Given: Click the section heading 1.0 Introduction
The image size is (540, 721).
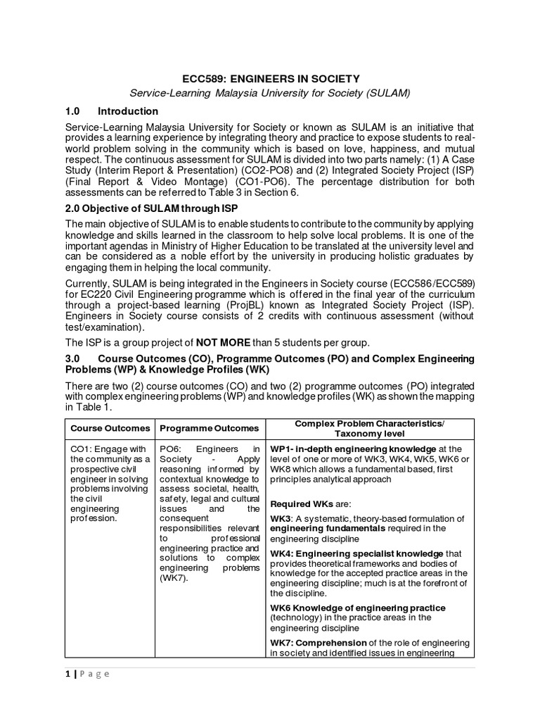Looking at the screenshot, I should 111,111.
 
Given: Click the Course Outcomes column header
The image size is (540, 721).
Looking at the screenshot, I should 109,428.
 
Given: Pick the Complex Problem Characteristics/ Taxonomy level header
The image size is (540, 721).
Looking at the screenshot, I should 369,428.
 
